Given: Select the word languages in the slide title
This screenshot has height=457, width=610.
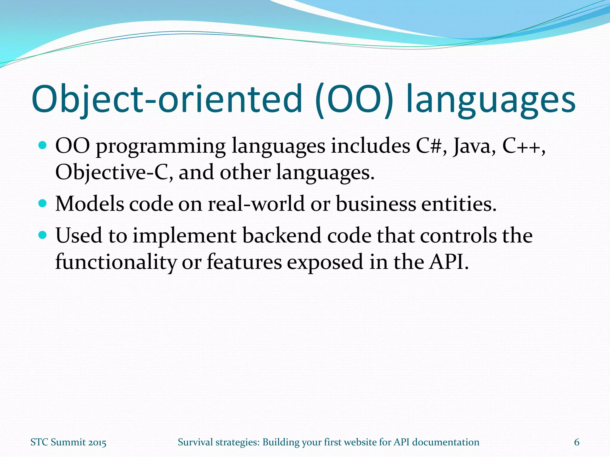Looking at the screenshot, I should tap(491, 100).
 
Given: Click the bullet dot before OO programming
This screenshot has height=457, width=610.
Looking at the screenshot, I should tap(43, 145).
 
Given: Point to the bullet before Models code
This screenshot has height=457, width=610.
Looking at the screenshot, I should tap(43, 204).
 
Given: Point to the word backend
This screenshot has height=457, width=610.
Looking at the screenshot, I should tap(281, 236).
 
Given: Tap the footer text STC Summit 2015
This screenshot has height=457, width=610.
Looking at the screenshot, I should tap(69, 442).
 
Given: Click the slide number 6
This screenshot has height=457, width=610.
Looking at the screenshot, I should tap(577, 442).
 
